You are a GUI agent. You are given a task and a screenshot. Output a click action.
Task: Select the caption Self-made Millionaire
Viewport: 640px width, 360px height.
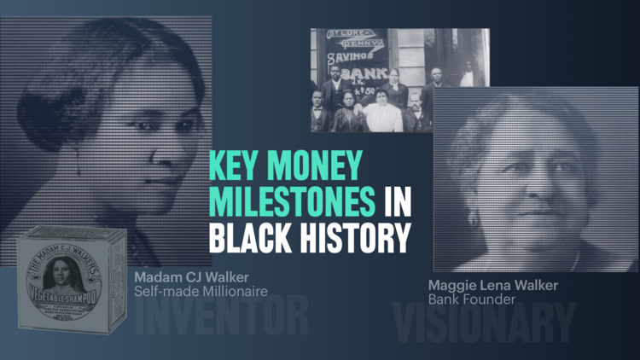(x=201, y=293)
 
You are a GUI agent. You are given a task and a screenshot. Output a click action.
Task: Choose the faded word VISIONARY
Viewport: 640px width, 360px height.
(x=484, y=323)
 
